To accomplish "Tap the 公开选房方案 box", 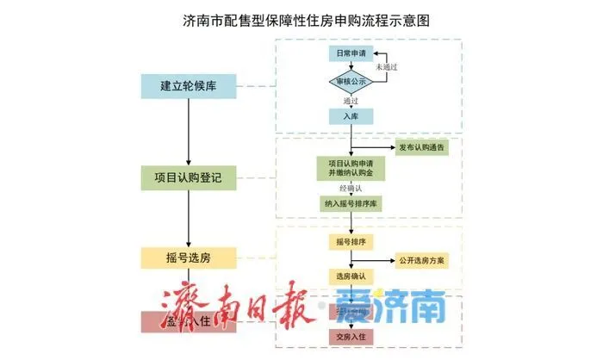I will coord(422,259).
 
